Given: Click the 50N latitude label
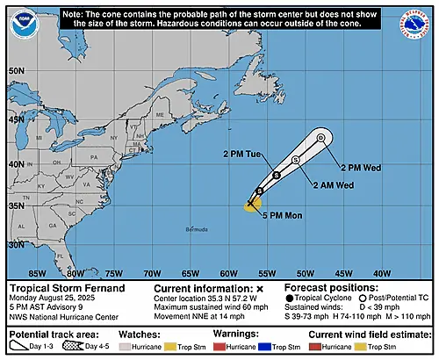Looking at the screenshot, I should point(16,69).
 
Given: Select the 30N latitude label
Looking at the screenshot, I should point(16,245).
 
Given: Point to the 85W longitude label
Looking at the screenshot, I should point(38,272).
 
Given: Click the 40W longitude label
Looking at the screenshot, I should point(383,272).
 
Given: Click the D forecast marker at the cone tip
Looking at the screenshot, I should point(321,138).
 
